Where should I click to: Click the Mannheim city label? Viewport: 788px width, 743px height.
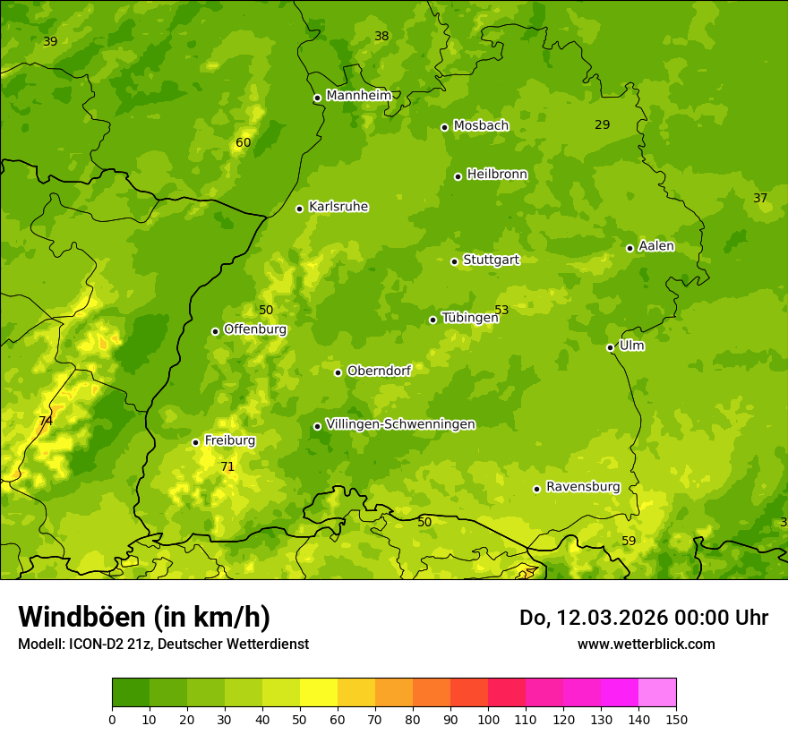point(359,96)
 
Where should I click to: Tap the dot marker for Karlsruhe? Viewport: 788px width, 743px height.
point(299,209)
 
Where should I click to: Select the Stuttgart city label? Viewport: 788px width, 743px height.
point(491,260)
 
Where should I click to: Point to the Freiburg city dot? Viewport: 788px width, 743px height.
point(195,442)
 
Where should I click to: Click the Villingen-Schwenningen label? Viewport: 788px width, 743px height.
point(400,424)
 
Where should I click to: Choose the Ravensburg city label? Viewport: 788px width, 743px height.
point(582,487)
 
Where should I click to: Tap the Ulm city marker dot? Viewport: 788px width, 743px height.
point(610,347)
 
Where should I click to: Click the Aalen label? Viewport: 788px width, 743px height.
point(655,246)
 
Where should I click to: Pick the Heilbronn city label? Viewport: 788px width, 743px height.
point(497,175)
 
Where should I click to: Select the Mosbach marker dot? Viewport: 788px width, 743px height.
point(444,127)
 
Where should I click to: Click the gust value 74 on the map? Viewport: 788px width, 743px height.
point(46,421)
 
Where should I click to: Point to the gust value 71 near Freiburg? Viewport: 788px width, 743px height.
point(227,466)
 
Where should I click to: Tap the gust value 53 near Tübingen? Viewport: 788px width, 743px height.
point(501,311)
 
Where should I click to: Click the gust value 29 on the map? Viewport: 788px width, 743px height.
point(602,124)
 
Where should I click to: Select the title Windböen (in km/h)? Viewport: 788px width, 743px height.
point(143,617)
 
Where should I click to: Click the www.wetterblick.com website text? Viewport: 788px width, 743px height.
point(646,644)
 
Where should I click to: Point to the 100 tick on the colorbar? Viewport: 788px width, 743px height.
point(488,719)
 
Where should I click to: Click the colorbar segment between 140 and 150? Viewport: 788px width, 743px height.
point(657,693)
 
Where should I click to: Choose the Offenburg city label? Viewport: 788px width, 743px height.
point(254,329)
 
